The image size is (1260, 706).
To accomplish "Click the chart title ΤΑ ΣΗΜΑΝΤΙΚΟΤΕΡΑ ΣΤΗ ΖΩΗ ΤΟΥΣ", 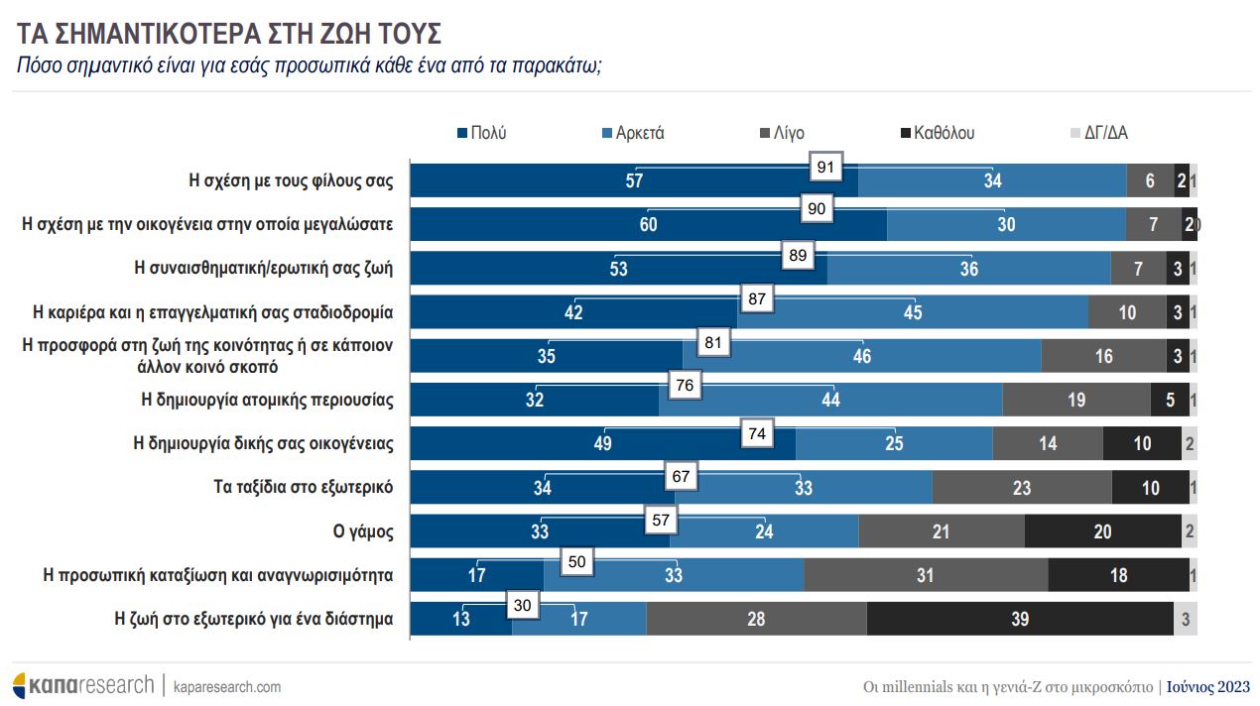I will point(229,33).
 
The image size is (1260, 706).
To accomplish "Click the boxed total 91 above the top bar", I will point(824,168).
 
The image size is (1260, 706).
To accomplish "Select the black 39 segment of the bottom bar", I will point(1019,620).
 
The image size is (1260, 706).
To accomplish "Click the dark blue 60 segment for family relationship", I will point(648,225).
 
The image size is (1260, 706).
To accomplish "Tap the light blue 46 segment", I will point(861,356).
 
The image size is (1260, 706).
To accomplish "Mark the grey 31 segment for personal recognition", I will point(925,576).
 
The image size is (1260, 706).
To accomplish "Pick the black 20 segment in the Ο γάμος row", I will point(1102,531).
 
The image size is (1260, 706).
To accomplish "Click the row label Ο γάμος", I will point(363,531).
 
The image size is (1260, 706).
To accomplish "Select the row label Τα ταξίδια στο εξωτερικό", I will point(304,488).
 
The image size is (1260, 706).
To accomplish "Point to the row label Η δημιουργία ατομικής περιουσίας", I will point(268,401).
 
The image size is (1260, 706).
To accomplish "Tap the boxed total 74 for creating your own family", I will point(757,433).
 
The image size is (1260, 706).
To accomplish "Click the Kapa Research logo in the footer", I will point(83,685).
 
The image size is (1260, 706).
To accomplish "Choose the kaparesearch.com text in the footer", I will point(227,686).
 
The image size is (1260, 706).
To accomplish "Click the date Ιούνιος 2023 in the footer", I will point(1207,686).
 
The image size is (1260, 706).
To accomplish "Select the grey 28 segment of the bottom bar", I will point(756,620).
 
